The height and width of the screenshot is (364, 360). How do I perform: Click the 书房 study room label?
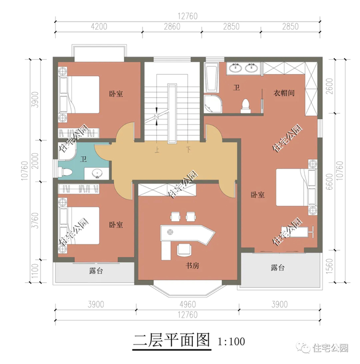[x=192, y=265]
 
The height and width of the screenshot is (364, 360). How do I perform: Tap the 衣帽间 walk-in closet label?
[x=284, y=93]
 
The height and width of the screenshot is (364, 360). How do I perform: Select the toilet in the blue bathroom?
[x=65, y=172]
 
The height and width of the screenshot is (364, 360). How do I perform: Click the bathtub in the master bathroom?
[x=211, y=77]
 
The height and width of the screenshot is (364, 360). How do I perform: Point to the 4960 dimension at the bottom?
[x=187, y=304]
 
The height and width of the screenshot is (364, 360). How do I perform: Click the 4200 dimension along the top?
[x=99, y=26]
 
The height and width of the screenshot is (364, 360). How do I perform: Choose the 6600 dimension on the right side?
[x=329, y=181]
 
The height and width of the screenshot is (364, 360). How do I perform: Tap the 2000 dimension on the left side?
[x=35, y=161]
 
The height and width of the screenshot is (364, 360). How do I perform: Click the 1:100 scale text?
[x=231, y=341]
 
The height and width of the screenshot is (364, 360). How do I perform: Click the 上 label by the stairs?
[x=157, y=150]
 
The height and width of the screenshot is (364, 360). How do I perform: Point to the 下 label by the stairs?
[x=188, y=150]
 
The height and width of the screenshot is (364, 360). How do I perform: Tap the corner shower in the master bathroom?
[x=213, y=104]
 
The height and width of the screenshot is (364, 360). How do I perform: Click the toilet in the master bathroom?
[x=246, y=106]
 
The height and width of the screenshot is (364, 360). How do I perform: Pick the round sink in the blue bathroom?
[x=96, y=173]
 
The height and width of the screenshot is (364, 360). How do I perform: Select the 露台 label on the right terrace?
[x=278, y=268]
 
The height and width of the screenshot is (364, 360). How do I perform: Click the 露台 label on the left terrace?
[x=96, y=270]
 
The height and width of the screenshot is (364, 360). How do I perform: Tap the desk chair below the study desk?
[x=184, y=249]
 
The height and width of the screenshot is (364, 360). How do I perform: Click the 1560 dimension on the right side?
[x=329, y=266]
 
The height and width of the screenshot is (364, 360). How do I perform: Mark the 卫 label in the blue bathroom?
[x=83, y=159]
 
